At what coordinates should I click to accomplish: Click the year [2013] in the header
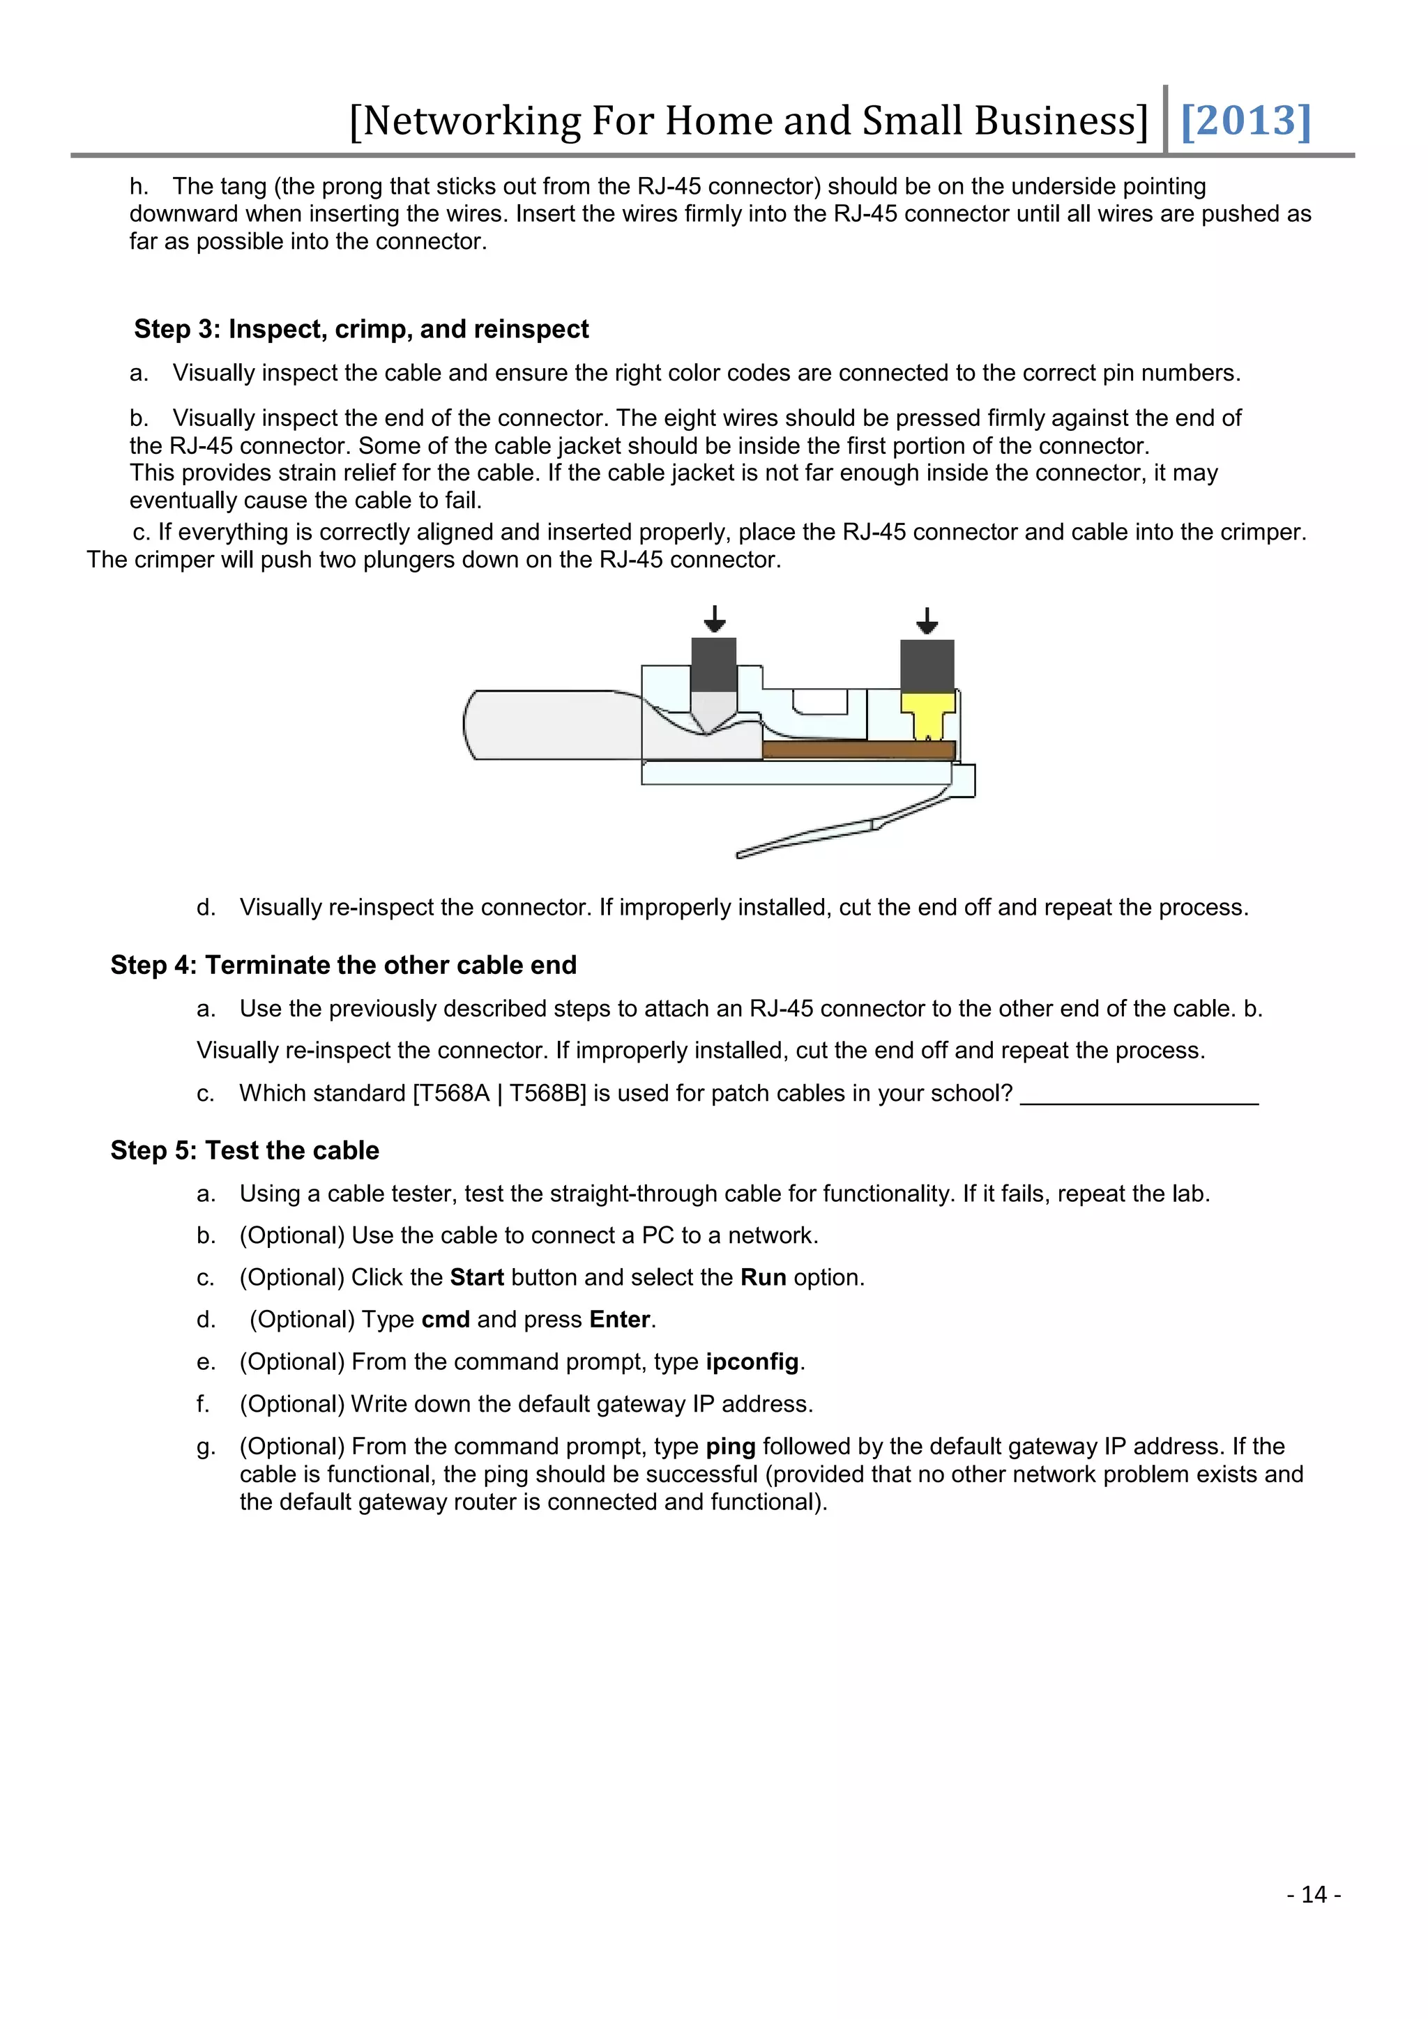click(1245, 121)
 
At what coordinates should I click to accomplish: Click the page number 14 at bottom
click(1314, 1894)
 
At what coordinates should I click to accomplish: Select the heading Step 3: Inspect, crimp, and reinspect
click(361, 329)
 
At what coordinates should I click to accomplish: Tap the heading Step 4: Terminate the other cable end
click(344, 965)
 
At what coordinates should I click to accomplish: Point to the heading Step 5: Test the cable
click(245, 1150)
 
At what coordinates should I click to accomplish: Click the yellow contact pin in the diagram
click(927, 715)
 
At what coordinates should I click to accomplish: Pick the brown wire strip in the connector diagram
click(858, 750)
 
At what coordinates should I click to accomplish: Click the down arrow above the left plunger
click(715, 619)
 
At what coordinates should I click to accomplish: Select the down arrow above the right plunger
click(927, 620)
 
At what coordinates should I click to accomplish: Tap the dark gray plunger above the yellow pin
click(927, 665)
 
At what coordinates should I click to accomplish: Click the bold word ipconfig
click(752, 1362)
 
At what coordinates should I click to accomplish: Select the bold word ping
click(730, 1447)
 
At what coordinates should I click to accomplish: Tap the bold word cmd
click(446, 1319)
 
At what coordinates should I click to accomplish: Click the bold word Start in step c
click(477, 1277)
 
